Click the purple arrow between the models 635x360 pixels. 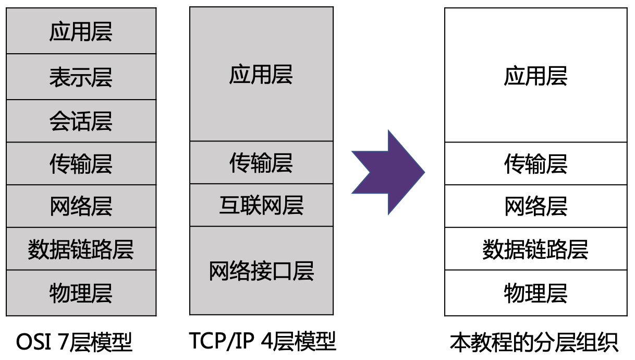click(x=386, y=172)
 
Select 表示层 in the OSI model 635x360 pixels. click(x=81, y=77)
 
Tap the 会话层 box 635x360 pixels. click(x=81, y=121)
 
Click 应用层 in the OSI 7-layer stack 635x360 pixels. click(x=81, y=31)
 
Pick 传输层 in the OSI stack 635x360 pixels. click(x=81, y=164)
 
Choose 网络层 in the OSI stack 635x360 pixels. click(x=81, y=206)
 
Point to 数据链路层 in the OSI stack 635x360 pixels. click(x=81, y=249)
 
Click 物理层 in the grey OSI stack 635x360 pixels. click(x=81, y=293)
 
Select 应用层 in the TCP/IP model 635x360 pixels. click(x=261, y=75)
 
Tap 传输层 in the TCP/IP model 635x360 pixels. click(x=261, y=163)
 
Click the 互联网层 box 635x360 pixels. click(x=261, y=205)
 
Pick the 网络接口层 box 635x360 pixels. click(x=261, y=271)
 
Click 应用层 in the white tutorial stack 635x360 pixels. click(x=535, y=76)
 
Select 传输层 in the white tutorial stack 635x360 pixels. click(x=535, y=164)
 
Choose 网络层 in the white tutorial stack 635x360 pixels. click(x=535, y=206)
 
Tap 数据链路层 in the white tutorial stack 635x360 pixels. click(x=535, y=249)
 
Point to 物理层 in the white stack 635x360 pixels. click(x=535, y=293)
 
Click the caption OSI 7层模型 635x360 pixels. click(x=75, y=342)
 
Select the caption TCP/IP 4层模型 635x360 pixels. click(x=262, y=341)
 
